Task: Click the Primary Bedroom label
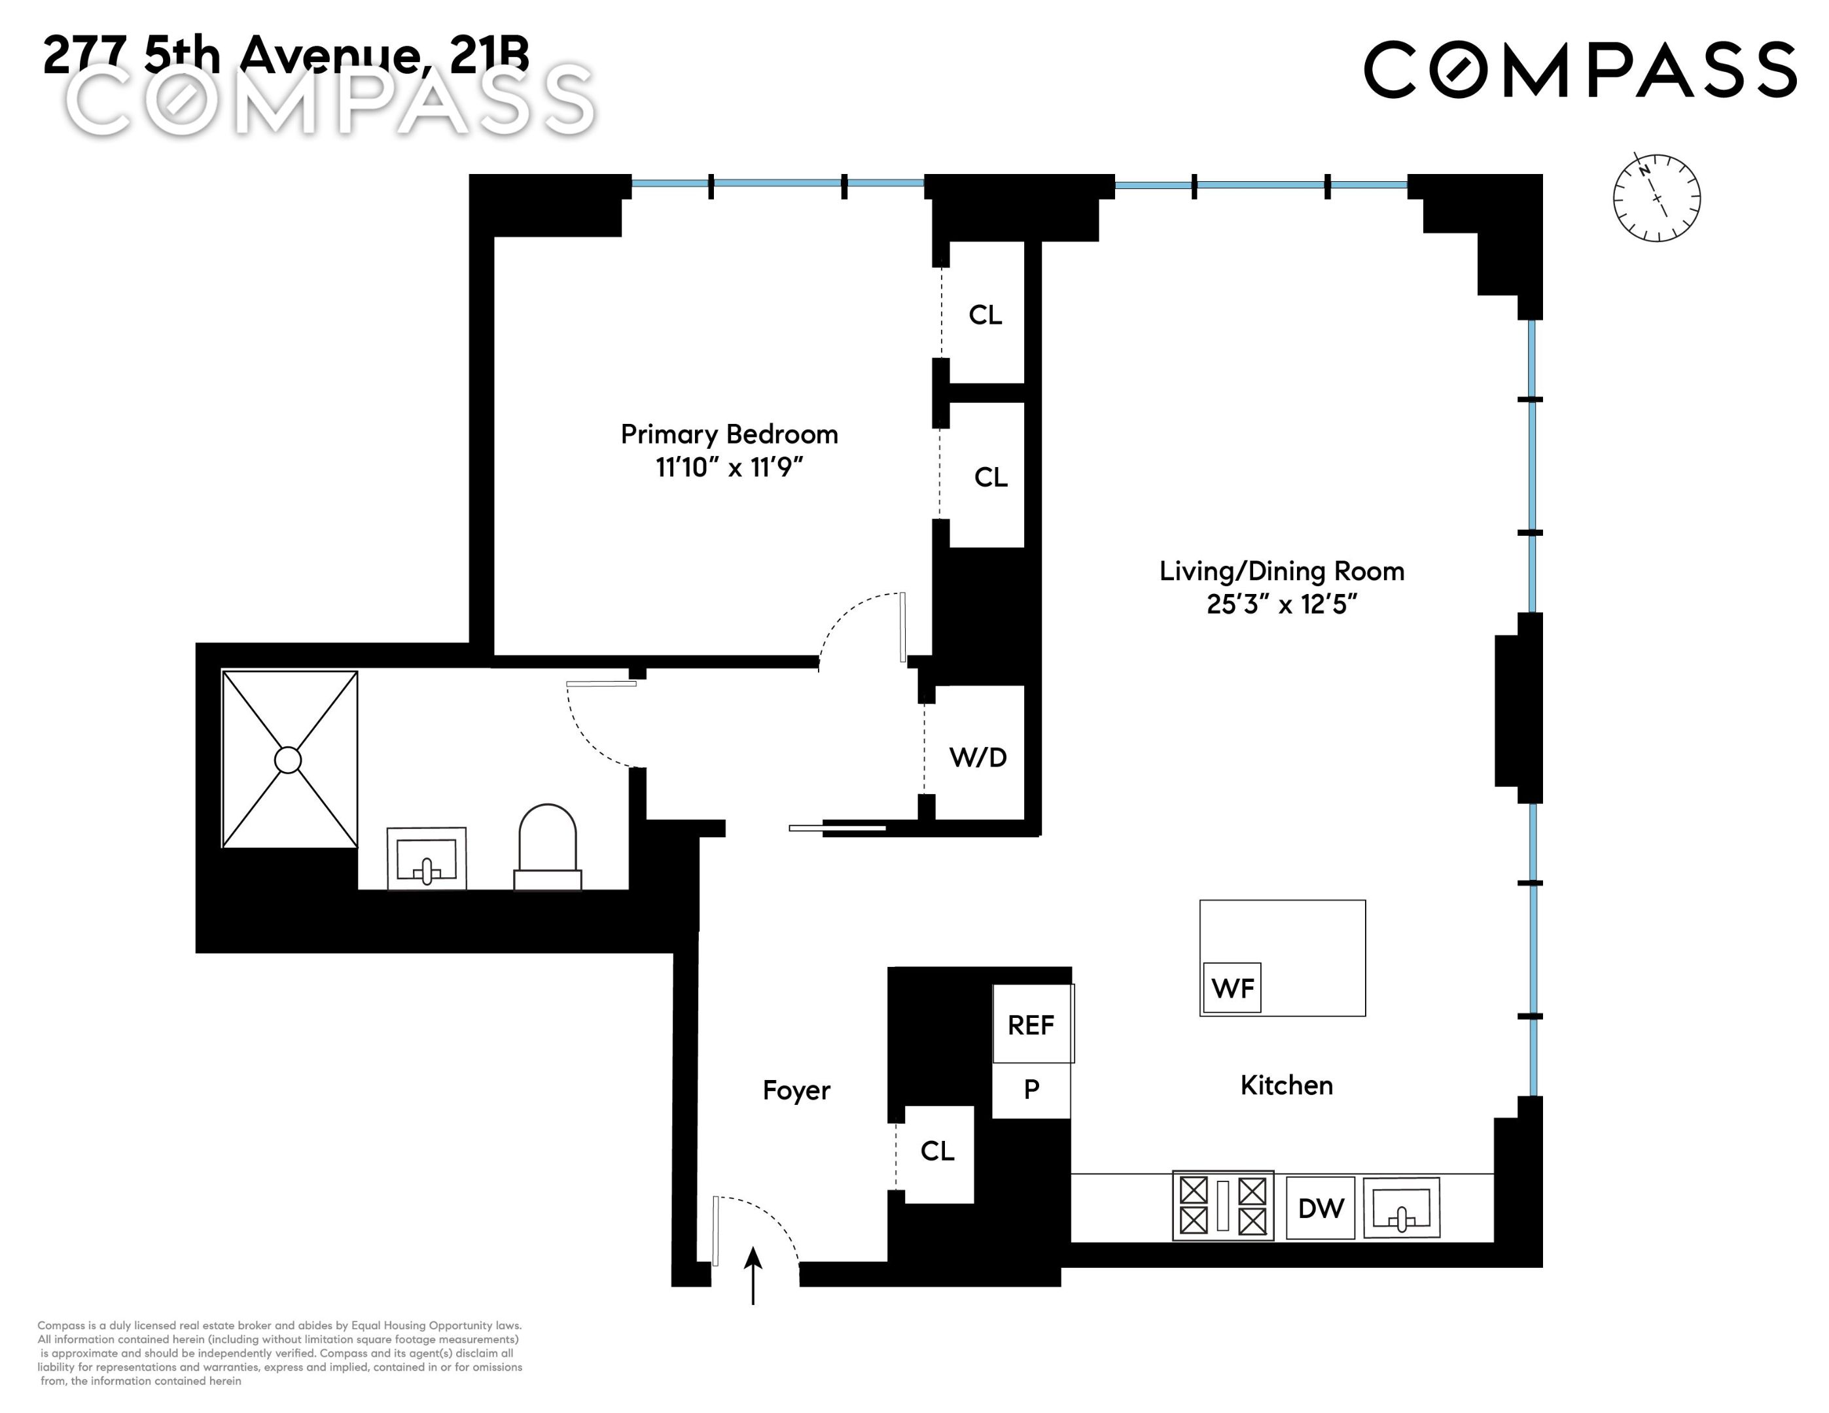(x=728, y=434)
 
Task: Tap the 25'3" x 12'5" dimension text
(x=1281, y=604)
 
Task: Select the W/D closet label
(x=977, y=758)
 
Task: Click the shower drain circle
(x=288, y=760)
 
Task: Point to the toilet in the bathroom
(x=548, y=847)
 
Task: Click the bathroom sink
(x=426, y=859)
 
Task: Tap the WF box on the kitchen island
(x=1232, y=988)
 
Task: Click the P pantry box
(x=1031, y=1089)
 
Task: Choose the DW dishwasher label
(x=1321, y=1208)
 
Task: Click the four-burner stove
(x=1222, y=1206)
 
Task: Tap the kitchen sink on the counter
(x=1401, y=1207)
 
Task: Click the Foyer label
(x=796, y=1090)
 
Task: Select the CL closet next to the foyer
(x=937, y=1151)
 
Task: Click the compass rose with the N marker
(x=1656, y=198)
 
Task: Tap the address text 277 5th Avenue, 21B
(x=285, y=54)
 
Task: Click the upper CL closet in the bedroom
(x=985, y=315)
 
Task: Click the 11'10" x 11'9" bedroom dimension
(x=728, y=467)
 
